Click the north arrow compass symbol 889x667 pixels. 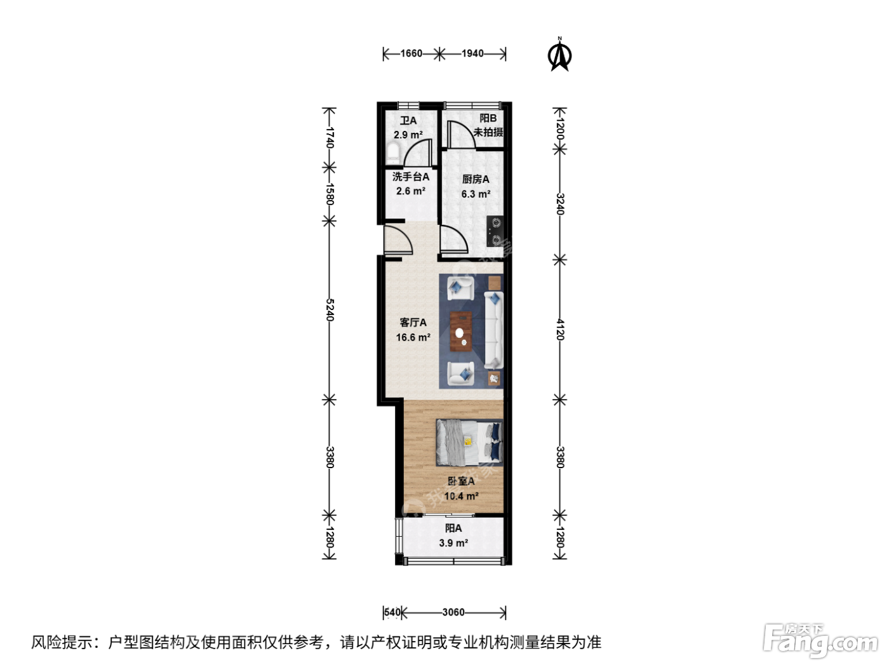[559, 55]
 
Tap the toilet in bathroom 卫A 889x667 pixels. [392, 153]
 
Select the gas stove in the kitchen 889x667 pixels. [495, 231]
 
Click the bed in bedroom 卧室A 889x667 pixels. [469, 442]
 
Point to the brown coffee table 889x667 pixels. [461, 331]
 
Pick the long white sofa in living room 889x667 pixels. [493, 330]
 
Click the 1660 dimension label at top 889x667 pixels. [411, 53]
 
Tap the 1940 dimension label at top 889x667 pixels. [472, 53]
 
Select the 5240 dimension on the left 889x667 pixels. [330, 310]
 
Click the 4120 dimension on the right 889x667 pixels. [559, 329]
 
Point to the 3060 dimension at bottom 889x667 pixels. [453, 612]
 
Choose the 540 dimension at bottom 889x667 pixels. [392, 612]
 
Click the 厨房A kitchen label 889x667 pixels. [476, 179]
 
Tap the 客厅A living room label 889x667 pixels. [413, 322]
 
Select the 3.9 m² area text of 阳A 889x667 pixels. [453, 542]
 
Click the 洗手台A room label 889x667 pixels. [411, 177]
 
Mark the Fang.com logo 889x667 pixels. [820, 641]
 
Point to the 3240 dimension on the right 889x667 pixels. [559, 204]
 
